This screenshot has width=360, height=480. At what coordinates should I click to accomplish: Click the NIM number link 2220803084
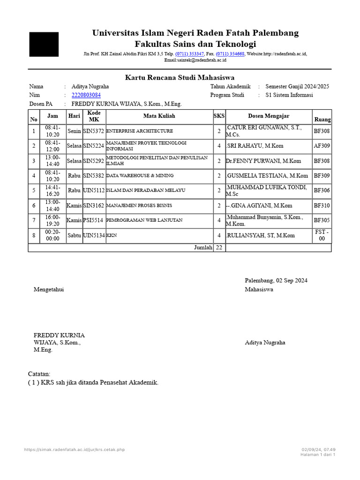[86, 95]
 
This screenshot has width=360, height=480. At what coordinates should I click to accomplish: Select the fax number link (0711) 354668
[230, 54]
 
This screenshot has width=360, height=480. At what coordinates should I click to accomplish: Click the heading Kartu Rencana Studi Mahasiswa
[180, 77]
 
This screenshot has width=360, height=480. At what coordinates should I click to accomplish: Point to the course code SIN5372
[93, 131]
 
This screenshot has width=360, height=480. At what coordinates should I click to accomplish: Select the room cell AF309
[322, 146]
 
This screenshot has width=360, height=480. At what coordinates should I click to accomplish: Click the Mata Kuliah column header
[159, 116]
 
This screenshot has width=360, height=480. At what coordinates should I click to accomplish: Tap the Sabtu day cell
[74, 235]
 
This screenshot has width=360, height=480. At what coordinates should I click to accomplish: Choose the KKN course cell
[112, 235]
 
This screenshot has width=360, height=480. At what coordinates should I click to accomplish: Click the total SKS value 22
[219, 247]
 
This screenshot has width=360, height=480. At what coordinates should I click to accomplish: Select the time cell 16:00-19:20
[52, 220]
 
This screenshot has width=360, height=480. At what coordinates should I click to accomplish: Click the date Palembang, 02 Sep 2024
[276, 280]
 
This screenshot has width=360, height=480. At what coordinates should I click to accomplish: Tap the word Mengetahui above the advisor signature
[49, 289]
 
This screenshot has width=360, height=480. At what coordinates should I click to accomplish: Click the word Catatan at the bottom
[39, 374]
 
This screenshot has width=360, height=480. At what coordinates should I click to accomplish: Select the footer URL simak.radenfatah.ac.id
[75, 450]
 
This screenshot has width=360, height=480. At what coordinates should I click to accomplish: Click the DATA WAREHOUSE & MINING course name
[140, 176]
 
